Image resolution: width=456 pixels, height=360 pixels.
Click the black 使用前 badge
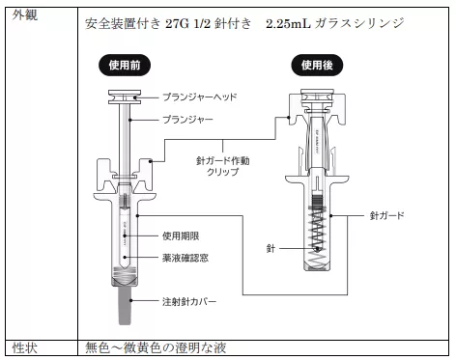point(125,66)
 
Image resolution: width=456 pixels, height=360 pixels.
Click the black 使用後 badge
point(317,66)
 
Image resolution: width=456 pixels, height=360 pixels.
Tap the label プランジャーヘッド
point(200,97)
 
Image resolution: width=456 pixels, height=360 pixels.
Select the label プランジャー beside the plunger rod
point(187,120)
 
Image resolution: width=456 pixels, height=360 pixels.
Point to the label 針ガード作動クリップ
point(223,166)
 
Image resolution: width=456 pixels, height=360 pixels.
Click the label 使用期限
point(181,236)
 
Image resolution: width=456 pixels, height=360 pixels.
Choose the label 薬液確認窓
point(185,258)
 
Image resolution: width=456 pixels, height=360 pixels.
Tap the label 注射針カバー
point(189,302)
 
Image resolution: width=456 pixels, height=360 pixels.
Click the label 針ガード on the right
point(386,215)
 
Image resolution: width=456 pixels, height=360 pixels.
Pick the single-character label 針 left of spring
point(271,248)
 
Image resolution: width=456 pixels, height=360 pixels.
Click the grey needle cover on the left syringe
point(126,305)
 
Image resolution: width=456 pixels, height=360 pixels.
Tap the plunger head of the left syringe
point(125,97)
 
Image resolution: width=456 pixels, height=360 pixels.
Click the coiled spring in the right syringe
point(317,235)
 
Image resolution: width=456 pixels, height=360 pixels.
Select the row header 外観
point(25,14)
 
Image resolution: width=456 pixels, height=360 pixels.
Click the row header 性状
point(25,348)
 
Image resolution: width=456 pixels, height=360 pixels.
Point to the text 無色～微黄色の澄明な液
point(156,347)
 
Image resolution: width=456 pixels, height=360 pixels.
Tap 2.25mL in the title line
point(288,23)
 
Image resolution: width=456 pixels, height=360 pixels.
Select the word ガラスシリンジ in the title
point(359,23)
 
